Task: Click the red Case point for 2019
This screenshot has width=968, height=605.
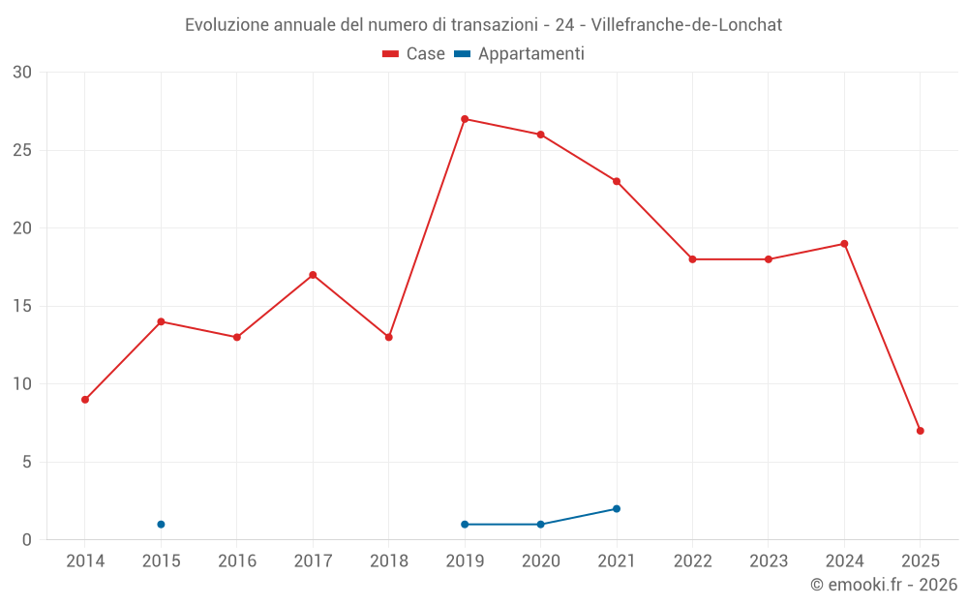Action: (x=465, y=119)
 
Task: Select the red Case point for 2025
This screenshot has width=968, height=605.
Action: (x=920, y=431)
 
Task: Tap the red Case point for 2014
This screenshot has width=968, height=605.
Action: (x=85, y=400)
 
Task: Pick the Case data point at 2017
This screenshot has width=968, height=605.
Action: (x=313, y=275)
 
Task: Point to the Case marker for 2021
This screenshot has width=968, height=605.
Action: (x=617, y=181)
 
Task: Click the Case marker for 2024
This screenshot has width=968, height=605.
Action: (x=844, y=244)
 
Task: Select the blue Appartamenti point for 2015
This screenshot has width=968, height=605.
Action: (x=161, y=525)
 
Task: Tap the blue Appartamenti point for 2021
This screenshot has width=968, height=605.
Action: (x=617, y=509)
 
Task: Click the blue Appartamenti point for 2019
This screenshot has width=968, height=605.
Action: (x=465, y=525)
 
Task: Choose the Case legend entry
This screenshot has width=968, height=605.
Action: (x=414, y=54)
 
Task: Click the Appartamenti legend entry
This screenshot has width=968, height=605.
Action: (x=520, y=54)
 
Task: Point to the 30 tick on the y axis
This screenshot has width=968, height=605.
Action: (x=22, y=73)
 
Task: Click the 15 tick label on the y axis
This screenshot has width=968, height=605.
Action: (x=22, y=306)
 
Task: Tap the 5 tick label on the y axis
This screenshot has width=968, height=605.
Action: (x=27, y=462)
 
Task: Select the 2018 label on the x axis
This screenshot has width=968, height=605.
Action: (x=388, y=560)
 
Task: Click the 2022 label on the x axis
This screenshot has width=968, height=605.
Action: (x=692, y=560)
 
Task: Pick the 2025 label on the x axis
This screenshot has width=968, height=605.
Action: (x=920, y=560)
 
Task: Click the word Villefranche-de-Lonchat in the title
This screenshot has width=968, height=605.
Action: (x=685, y=25)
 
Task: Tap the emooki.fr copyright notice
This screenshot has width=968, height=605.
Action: (x=883, y=585)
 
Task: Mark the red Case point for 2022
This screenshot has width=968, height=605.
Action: (x=692, y=259)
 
